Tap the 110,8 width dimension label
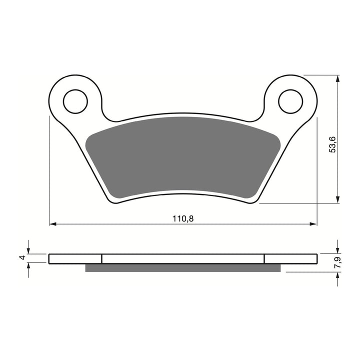pyautogui.click(x=183, y=218)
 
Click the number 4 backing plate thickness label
pyautogui.click(x=21, y=258)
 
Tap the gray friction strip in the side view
pyautogui.click(x=182, y=268)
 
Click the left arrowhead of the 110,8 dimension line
pyautogui.click(x=52, y=223)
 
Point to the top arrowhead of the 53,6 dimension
pyautogui.click(x=338, y=78)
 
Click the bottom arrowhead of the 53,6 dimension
pyautogui.click(x=338, y=200)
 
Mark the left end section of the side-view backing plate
pyautogui.click(x=75, y=258)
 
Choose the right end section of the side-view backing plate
pyautogui.click(x=290, y=258)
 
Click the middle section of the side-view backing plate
pyautogui.click(x=182, y=258)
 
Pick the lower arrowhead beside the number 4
pyautogui.click(x=29, y=266)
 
